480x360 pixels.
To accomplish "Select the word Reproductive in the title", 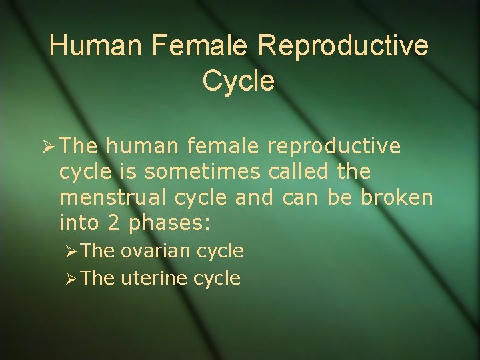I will tap(343, 46).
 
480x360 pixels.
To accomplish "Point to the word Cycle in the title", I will tap(238, 81).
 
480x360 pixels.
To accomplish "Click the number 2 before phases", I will tap(113, 223).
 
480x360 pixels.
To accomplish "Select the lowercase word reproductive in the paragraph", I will tap(333, 145).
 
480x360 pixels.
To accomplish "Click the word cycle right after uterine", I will tap(217, 278).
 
